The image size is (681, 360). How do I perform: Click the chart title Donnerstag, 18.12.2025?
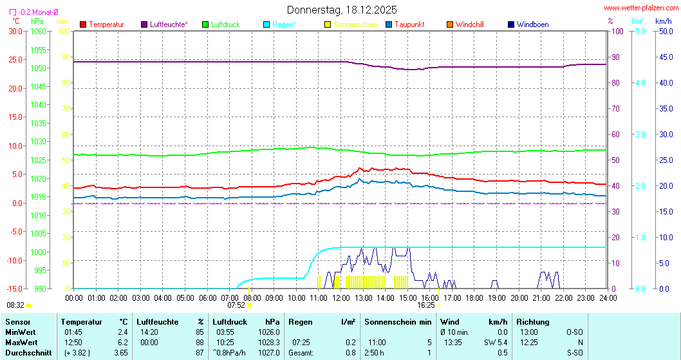coord(341,10)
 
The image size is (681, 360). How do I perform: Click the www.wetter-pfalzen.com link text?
coord(640,8)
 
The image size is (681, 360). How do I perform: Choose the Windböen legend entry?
coord(532,24)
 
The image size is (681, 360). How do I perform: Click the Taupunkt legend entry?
coord(409,24)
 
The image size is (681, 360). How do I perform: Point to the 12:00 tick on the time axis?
coord(340,298)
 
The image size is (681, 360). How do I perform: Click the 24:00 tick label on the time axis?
coord(607,298)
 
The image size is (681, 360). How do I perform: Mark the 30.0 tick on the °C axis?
coord(15,31)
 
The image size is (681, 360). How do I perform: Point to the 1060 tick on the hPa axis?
coord(38,31)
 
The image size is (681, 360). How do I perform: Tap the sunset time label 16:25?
coord(426,305)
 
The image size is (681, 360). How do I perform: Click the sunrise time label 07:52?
coord(236,305)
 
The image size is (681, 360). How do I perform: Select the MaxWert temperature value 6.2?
coord(122,342)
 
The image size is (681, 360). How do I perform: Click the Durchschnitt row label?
coord(28,353)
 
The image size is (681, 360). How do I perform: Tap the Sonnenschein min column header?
coord(398,321)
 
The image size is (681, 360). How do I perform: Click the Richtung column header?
coord(533,321)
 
